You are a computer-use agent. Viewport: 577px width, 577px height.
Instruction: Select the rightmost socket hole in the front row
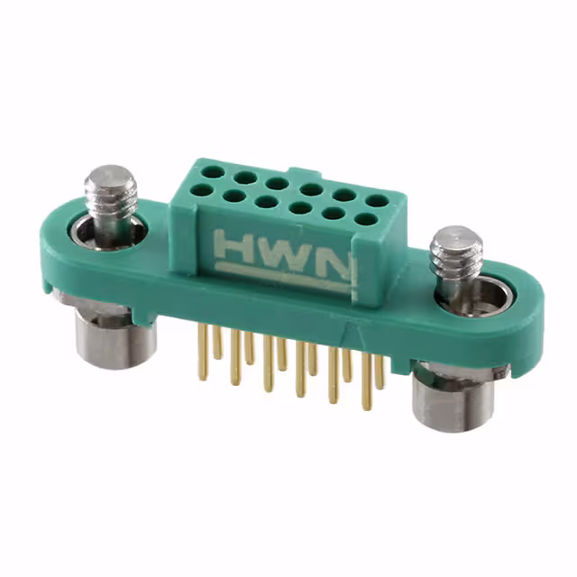coord(365,218)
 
